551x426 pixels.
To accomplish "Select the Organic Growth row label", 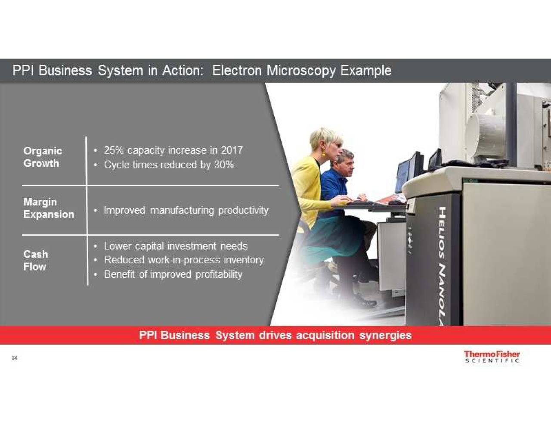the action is [x=43, y=157].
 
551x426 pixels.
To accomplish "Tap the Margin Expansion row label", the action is [x=49, y=208].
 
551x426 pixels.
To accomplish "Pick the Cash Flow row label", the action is [x=36, y=260].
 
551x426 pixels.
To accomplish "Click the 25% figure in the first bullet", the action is [x=114, y=150].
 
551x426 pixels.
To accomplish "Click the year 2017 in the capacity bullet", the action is [x=232, y=150].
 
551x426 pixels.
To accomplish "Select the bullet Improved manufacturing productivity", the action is [x=186, y=211].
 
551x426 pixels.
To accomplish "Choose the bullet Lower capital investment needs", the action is [x=176, y=246].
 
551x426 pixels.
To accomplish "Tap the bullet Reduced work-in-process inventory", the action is [x=184, y=260].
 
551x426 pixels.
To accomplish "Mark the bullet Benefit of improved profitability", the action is [x=173, y=274].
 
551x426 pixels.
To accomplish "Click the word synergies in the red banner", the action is [x=385, y=336].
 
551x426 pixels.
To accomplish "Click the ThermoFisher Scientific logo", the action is [x=492, y=357].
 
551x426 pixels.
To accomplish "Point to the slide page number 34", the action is [x=15, y=358].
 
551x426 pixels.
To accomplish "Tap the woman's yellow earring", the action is [x=324, y=153].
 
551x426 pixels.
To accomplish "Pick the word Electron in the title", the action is [x=237, y=70].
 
